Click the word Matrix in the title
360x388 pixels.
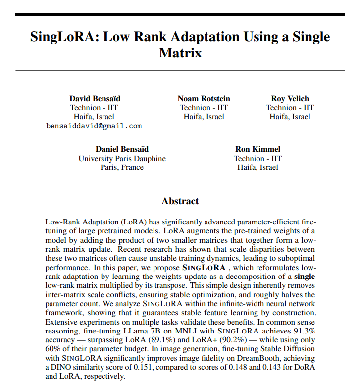180,53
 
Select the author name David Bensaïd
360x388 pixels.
94,98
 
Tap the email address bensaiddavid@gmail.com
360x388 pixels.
94,126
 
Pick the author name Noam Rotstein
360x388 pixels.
204,98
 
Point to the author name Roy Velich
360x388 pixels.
290,98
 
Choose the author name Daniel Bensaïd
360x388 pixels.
122,149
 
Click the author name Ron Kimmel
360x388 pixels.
257,149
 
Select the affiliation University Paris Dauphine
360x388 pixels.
122,159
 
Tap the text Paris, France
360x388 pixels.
122,167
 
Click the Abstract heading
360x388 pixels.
180,201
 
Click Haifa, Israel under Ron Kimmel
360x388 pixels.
257,167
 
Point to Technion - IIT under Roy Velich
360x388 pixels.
290,108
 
